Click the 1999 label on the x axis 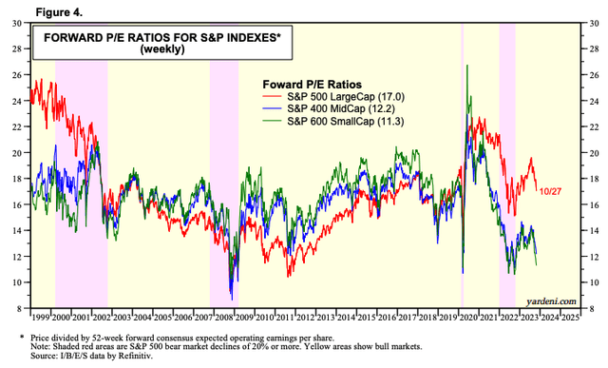tap(42, 317)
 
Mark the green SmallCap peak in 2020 tap(466, 65)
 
